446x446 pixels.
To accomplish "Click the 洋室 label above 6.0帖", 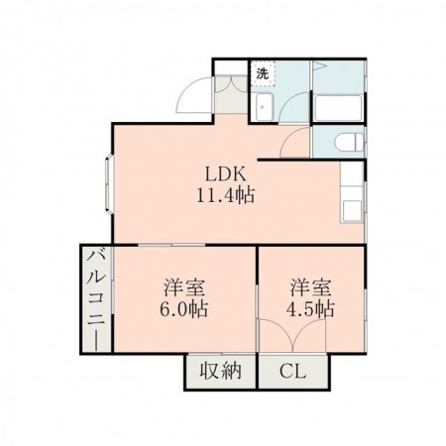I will point(184,287).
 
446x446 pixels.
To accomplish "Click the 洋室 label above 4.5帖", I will point(311,287).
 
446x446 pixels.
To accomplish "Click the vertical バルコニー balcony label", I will point(96,297).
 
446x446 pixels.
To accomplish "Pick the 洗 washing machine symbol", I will point(262,73).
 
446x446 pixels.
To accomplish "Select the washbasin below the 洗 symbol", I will point(264,107).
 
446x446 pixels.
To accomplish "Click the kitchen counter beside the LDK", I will point(352,198).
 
